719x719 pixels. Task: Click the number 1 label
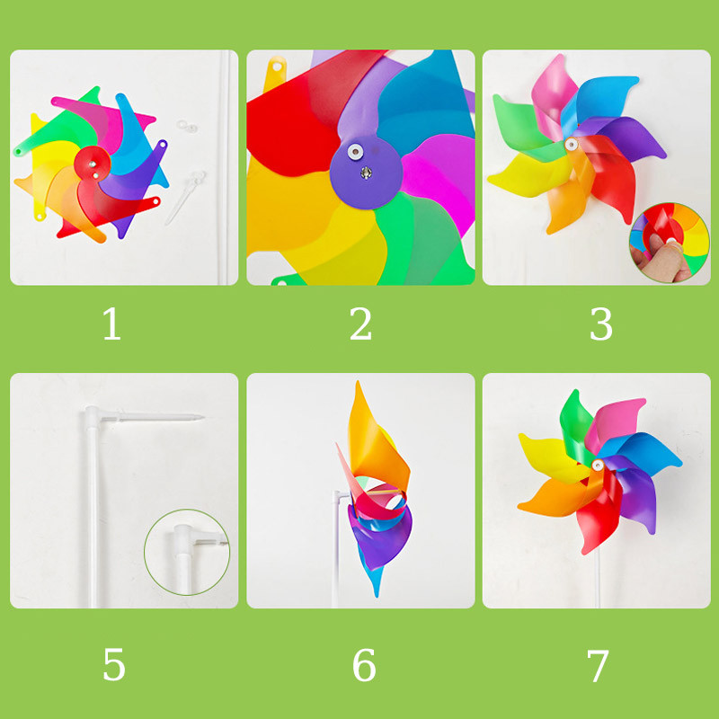[x=111, y=324]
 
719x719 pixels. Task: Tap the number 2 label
[x=360, y=324]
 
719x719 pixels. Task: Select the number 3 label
[x=600, y=324]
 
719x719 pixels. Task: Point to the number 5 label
[x=114, y=664]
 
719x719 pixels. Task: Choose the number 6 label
[x=364, y=664]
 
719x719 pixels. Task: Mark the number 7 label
[x=598, y=665]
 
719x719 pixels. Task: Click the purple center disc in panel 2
[x=366, y=175]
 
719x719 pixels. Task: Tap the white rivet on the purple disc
[x=354, y=151]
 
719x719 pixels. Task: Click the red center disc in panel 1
[x=93, y=164]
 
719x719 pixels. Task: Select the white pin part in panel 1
[x=185, y=197]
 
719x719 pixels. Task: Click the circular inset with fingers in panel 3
[x=670, y=242]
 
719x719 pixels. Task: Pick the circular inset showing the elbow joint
[x=187, y=552]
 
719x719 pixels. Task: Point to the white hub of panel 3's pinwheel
[x=572, y=145]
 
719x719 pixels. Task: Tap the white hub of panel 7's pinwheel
[x=597, y=466]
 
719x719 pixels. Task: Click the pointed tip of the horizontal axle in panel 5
[x=203, y=417]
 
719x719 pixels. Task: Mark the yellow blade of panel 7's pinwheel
[x=550, y=457]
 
